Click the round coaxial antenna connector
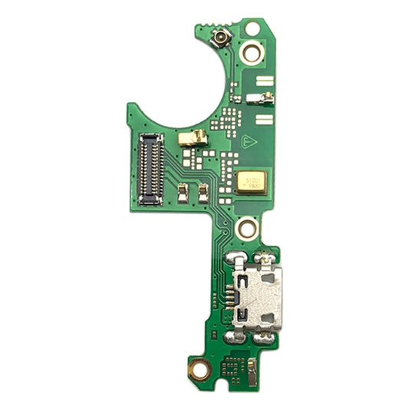220,36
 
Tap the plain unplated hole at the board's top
252,29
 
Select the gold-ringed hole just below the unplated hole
249,53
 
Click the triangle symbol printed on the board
248,141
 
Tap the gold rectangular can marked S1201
252,183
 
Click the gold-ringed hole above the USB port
248,227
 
